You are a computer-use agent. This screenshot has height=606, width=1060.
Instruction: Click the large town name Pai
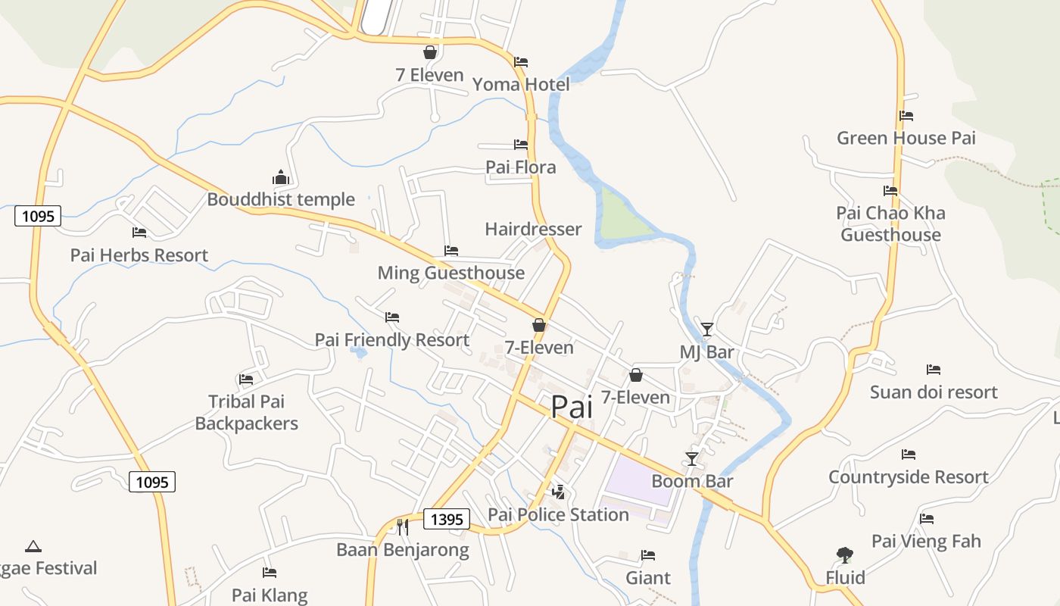[x=572, y=407]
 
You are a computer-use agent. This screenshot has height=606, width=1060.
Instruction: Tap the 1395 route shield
[x=446, y=519]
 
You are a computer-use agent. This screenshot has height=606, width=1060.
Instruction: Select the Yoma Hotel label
[x=521, y=84]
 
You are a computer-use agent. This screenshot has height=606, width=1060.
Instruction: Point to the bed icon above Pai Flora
[x=521, y=144]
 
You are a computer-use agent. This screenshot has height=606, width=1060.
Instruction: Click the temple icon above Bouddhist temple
[x=281, y=178]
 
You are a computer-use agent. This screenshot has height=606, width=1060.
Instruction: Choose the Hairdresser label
[x=533, y=229]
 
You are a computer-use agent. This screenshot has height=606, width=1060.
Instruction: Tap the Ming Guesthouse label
[x=450, y=273]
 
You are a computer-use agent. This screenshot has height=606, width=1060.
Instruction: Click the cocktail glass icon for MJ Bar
[x=706, y=329]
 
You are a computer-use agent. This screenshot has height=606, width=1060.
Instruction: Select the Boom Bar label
[x=692, y=481]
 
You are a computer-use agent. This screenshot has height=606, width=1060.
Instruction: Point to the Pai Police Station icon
[x=558, y=492]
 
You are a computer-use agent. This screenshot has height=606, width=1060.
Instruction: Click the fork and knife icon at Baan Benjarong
[x=403, y=526]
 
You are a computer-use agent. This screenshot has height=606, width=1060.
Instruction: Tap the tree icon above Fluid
[x=844, y=555]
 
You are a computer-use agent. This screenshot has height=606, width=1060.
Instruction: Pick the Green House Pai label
[x=906, y=138]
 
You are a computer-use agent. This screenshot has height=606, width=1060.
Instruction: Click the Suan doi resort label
[x=933, y=392]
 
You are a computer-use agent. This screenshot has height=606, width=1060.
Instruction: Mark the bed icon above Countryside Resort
[x=909, y=454]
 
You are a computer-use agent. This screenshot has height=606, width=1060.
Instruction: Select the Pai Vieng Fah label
[x=926, y=542]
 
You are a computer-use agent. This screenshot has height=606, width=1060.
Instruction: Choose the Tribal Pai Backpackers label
[x=246, y=412]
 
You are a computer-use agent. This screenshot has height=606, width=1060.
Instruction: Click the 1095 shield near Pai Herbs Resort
[x=38, y=216]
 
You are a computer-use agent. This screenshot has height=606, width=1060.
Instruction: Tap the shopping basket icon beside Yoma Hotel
[x=429, y=52]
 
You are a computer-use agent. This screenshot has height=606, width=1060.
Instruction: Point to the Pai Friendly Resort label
[x=391, y=340]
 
